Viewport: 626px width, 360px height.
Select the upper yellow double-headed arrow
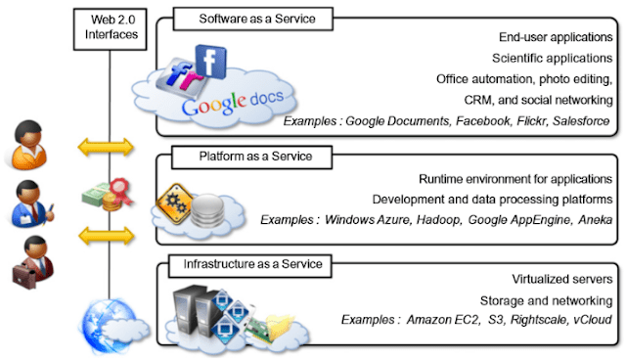pyautogui.click(x=107, y=148)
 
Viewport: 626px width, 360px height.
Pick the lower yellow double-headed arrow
pyautogui.click(x=107, y=235)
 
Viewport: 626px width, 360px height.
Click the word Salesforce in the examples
pyautogui.click(x=582, y=120)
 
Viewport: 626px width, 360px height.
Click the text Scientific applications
pyautogui.click(x=553, y=58)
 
